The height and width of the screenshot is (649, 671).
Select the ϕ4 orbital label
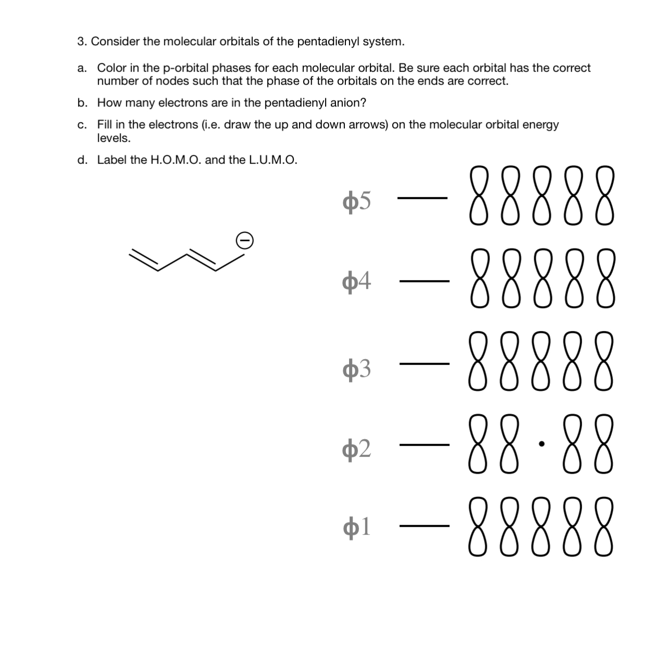(x=357, y=282)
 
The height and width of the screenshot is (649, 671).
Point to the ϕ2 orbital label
(x=357, y=447)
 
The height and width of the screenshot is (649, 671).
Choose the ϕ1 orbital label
(x=357, y=527)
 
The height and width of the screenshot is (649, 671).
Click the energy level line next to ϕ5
(x=422, y=198)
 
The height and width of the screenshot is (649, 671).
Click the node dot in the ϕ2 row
(x=541, y=444)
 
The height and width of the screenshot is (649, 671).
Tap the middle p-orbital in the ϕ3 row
(x=541, y=362)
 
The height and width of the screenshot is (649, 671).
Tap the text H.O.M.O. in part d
(x=176, y=160)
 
